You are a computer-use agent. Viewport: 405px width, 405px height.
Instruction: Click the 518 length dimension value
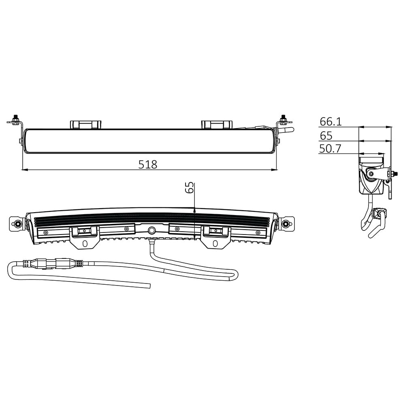(x=147, y=164)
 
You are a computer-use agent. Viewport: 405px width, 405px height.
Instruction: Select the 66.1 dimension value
(x=331, y=122)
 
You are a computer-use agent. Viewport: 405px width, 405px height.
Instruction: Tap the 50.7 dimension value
(x=330, y=149)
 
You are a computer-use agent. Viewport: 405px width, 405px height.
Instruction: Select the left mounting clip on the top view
(x=85, y=124)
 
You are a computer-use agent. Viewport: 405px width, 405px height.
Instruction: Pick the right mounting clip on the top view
(x=217, y=124)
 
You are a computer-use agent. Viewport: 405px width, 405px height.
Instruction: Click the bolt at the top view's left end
(x=15, y=119)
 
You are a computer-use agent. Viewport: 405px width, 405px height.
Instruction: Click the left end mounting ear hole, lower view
(x=18, y=224)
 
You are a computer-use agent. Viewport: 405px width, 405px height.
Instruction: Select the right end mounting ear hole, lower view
(x=286, y=224)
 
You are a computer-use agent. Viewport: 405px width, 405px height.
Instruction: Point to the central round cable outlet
(x=152, y=230)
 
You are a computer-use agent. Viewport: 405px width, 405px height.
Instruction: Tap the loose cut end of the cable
(x=150, y=286)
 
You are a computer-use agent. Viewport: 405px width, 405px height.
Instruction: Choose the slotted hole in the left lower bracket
(x=85, y=244)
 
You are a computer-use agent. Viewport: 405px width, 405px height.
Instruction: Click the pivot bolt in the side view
(x=371, y=174)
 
